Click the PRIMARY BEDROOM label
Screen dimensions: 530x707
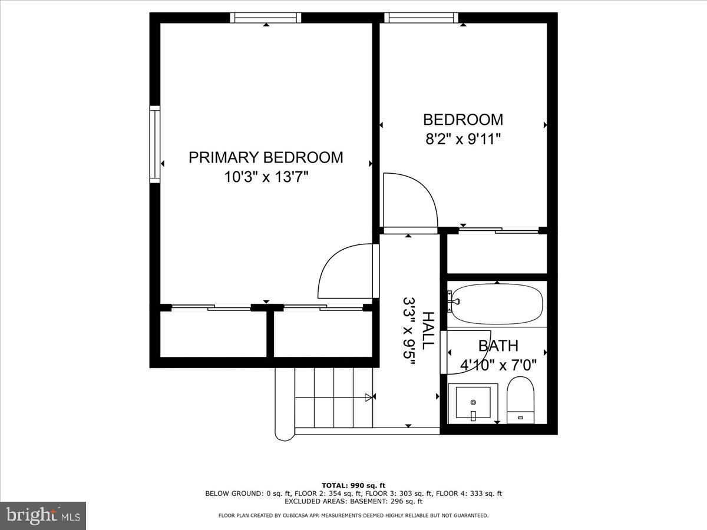click(266, 157)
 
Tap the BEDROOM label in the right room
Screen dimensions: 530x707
click(463, 120)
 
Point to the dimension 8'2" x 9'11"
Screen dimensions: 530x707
click(463, 140)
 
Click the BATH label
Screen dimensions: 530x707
click(498, 346)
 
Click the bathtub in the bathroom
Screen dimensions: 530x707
click(497, 304)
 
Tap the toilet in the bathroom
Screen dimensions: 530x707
click(520, 400)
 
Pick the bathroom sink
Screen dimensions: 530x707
click(473, 403)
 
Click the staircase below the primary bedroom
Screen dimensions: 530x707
click(324, 397)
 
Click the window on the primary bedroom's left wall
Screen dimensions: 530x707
click(155, 144)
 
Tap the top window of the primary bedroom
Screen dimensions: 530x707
click(265, 18)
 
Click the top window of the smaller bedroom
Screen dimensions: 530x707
click(421, 18)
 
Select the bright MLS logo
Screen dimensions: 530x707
click(43, 515)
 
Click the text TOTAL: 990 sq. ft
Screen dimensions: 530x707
click(353, 485)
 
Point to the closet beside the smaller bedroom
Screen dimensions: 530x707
click(497, 253)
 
